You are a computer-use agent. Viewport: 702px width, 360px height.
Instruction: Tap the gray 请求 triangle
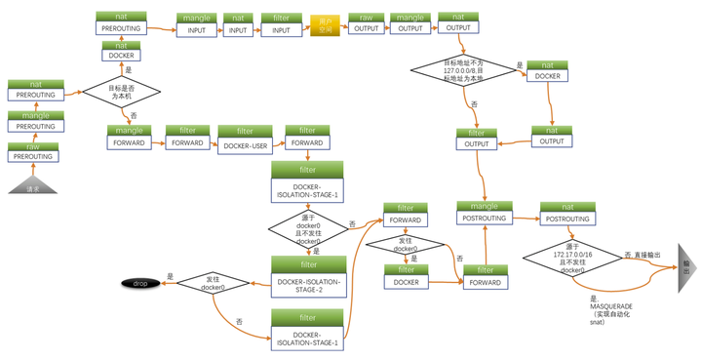click(34, 185)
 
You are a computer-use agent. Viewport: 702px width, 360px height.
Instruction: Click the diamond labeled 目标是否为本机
click(121, 93)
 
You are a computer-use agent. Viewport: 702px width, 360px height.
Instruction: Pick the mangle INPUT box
click(196, 24)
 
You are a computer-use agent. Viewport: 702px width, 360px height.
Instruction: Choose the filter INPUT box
click(281, 24)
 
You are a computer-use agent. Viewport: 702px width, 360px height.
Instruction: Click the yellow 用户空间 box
click(325, 24)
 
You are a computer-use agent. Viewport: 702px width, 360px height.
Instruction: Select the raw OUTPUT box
click(367, 23)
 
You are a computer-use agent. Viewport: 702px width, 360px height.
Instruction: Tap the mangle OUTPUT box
click(410, 23)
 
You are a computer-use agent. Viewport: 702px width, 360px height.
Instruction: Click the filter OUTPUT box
click(477, 138)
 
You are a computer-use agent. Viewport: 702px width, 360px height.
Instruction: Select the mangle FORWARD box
click(129, 137)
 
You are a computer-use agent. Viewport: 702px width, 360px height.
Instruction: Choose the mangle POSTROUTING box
click(485, 213)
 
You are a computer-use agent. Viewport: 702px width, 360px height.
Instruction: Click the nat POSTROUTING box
click(567, 213)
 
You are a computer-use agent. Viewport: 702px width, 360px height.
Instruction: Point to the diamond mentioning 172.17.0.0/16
click(572, 258)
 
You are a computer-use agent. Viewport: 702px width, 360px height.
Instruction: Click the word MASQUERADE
click(611, 306)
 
